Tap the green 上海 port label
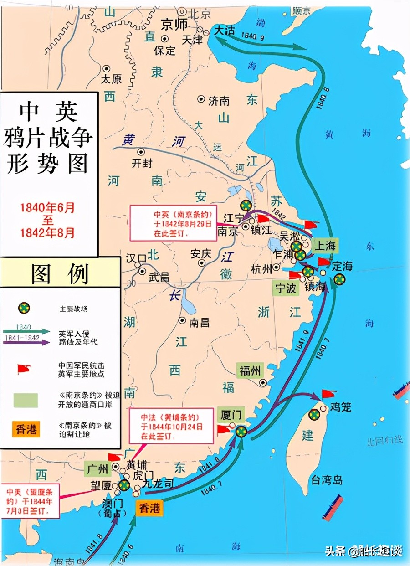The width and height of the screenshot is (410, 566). point(325,246)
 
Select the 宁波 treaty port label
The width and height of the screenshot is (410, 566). point(286,288)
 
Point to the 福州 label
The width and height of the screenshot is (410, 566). point(250,370)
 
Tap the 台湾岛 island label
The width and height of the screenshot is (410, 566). point(327,480)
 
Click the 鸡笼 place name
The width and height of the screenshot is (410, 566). point(341,407)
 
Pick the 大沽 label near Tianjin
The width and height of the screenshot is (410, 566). point(225,31)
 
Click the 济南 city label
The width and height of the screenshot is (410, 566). point(219,101)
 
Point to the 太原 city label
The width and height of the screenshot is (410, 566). point(111,78)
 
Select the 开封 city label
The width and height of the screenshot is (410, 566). point(142,163)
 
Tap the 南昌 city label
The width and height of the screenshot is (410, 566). point(199,322)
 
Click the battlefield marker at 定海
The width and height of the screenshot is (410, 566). point(339,279)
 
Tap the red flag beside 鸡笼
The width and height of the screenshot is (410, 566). point(328,394)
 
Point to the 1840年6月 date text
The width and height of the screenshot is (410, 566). point(47,208)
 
